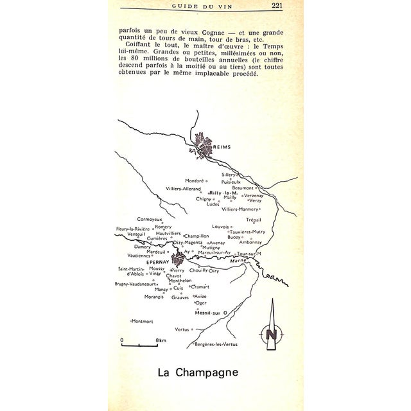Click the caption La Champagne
coord(197,372)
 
